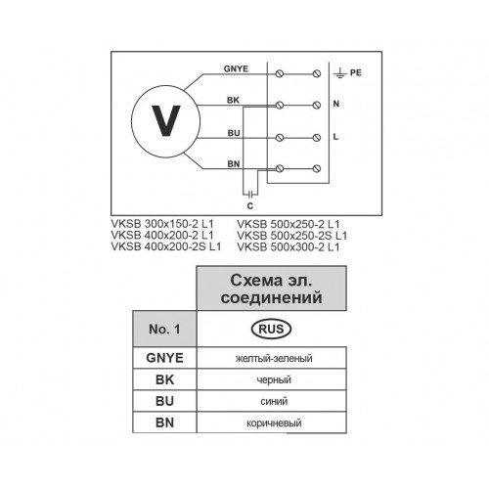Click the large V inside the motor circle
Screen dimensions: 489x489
(166, 120)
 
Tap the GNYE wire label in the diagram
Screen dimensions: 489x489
(236, 68)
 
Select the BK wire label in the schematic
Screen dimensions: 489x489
(233, 100)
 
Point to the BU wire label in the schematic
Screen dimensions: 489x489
(234, 133)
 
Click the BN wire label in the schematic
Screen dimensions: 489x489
(234, 164)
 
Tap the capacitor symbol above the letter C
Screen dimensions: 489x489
(250, 195)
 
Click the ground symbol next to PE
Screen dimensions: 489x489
(340, 73)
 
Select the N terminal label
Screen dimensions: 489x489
(336, 104)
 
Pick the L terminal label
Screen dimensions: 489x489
(335, 137)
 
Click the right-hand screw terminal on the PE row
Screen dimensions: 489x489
(317, 73)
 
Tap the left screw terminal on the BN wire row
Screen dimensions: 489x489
(280, 168)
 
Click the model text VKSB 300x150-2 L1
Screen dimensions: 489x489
(162, 224)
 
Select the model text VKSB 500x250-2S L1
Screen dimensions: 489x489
(292, 236)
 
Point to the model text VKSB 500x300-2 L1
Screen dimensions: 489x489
(289, 246)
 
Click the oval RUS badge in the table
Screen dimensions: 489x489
(271, 329)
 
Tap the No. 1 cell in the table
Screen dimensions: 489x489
(164, 329)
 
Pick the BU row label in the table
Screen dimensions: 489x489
(164, 401)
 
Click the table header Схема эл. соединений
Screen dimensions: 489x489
(271, 289)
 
